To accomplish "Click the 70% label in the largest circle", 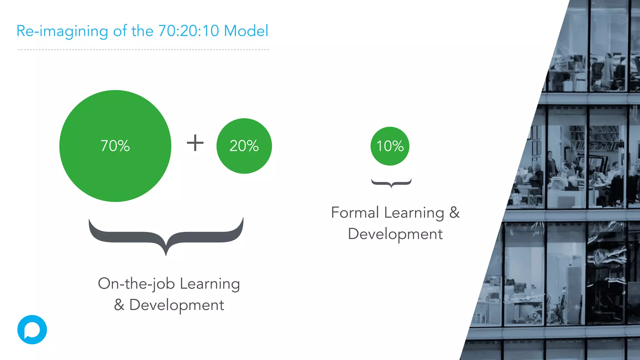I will pyautogui.click(x=115, y=146).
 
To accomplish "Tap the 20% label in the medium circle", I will pyautogui.click(x=244, y=146).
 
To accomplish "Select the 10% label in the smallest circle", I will pyautogui.click(x=390, y=146).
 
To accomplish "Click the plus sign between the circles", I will pyautogui.click(x=195, y=143).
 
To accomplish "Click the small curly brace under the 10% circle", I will pyautogui.click(x=391, y=183).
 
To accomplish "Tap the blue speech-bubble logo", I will pyautogui.click(x=32, y=330).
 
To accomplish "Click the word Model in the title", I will pyautogui.click(x=246, y=31).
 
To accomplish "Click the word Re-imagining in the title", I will pyautogui.click(x=62, y=31).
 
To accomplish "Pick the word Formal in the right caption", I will pyautogui.click(x=355, y=213).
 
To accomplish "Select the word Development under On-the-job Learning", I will pyautogui.click(x=177, y=305).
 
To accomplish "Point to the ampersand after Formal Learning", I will pyautogui.click(x=454, y=213).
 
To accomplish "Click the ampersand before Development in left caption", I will pyautogui.click(x=119, y=305).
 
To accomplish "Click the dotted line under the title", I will pyautogui.click(x=143, y=50).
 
